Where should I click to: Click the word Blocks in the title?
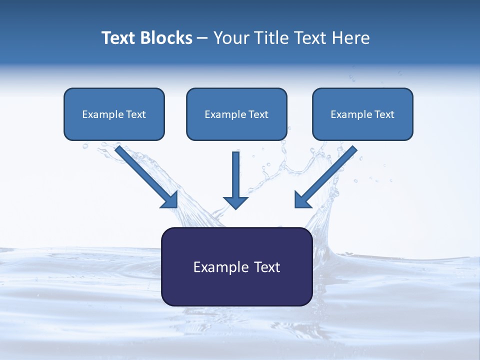(166, 38)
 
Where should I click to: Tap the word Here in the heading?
(351, 38)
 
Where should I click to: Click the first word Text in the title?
(119, 38)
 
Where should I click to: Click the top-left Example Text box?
(114, 114)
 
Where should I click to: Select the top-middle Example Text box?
(236, 114)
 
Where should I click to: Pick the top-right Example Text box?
(363, 114)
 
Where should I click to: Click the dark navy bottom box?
(237, 266)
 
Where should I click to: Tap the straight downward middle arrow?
(235, 180)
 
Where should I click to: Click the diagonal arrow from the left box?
(146, 177)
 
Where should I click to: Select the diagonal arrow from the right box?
(325, 177)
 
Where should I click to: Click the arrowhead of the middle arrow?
(235, 202)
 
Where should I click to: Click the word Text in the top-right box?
(384, 114)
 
